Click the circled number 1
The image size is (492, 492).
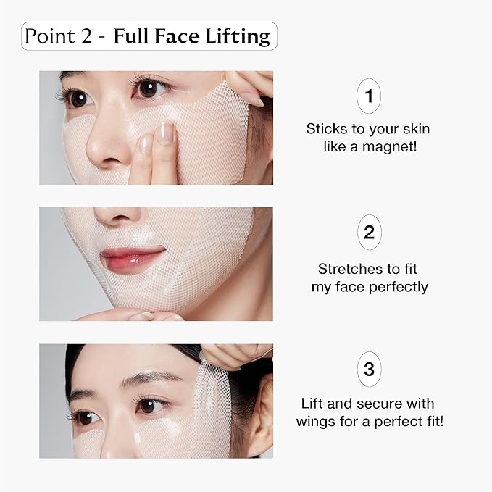[x=369, y=96]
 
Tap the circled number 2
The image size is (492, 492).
[x=369, y=233]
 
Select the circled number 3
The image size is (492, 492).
[x=369, y=370]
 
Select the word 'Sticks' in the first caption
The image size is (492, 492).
[x=326, y=129]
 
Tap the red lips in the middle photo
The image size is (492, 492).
[x=132, y=258]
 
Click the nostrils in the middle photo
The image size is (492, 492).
[x=114, y=220]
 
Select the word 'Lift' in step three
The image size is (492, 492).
[x=314, y=404]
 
